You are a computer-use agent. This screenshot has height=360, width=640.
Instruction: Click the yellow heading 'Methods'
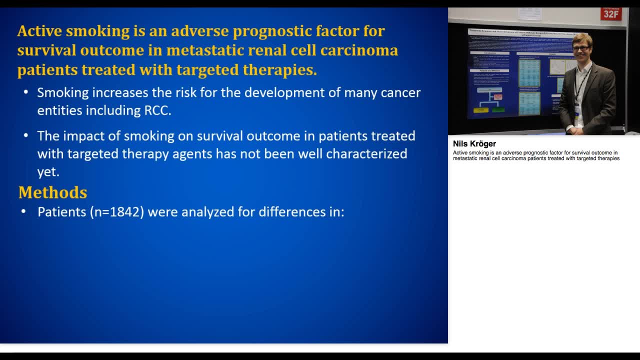52,192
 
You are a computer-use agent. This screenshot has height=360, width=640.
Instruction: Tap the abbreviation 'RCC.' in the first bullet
157,110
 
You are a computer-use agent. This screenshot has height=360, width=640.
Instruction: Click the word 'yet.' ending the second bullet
48,171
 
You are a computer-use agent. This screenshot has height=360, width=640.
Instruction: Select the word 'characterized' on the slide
366,153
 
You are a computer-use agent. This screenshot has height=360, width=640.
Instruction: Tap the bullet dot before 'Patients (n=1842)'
23,212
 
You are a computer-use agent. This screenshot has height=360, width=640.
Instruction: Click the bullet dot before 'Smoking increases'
26,93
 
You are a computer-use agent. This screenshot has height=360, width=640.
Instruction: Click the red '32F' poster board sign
610,13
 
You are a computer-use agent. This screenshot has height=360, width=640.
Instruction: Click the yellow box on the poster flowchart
481,109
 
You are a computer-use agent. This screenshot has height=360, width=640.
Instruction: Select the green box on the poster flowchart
498,109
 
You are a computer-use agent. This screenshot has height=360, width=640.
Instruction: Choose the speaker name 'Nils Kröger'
474,144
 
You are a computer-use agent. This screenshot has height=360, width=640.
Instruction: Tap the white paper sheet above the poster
529,14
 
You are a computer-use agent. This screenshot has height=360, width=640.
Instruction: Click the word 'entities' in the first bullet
59,110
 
